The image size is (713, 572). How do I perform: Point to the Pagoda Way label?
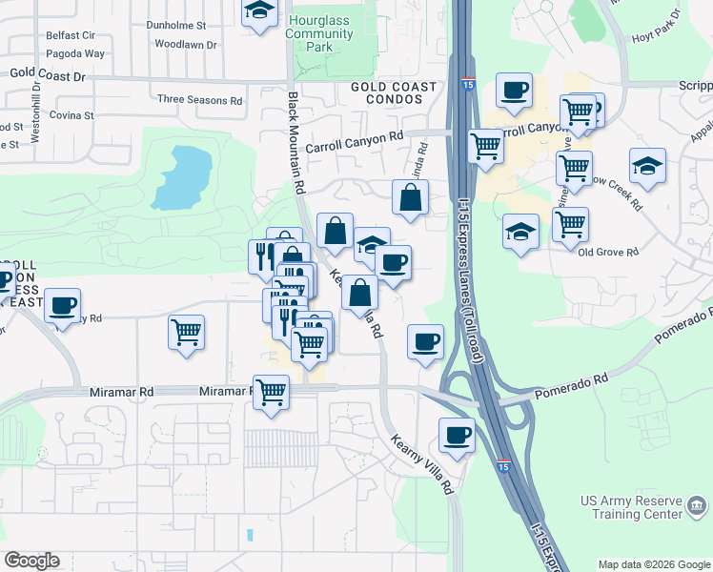click(x=74, y=54)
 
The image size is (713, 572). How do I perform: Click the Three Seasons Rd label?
click(x=200, y=99)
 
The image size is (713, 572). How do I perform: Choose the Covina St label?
click(x=72, y=115)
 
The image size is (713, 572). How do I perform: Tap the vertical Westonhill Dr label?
click(x=35, y=115)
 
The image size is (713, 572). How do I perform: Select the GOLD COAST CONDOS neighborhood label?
click(x=393, y=93)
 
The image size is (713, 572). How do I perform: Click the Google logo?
click(x=31, y=561)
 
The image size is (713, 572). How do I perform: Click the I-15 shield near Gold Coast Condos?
click(x=467, y=85)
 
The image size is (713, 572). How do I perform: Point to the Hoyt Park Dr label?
click(x=653, y=39)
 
